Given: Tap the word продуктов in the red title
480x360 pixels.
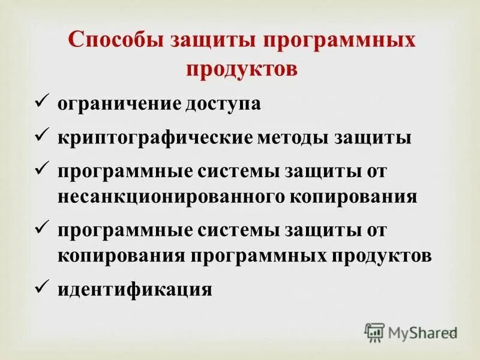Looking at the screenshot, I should pos(241,68).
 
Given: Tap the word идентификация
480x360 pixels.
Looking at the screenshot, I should pos(135,290).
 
